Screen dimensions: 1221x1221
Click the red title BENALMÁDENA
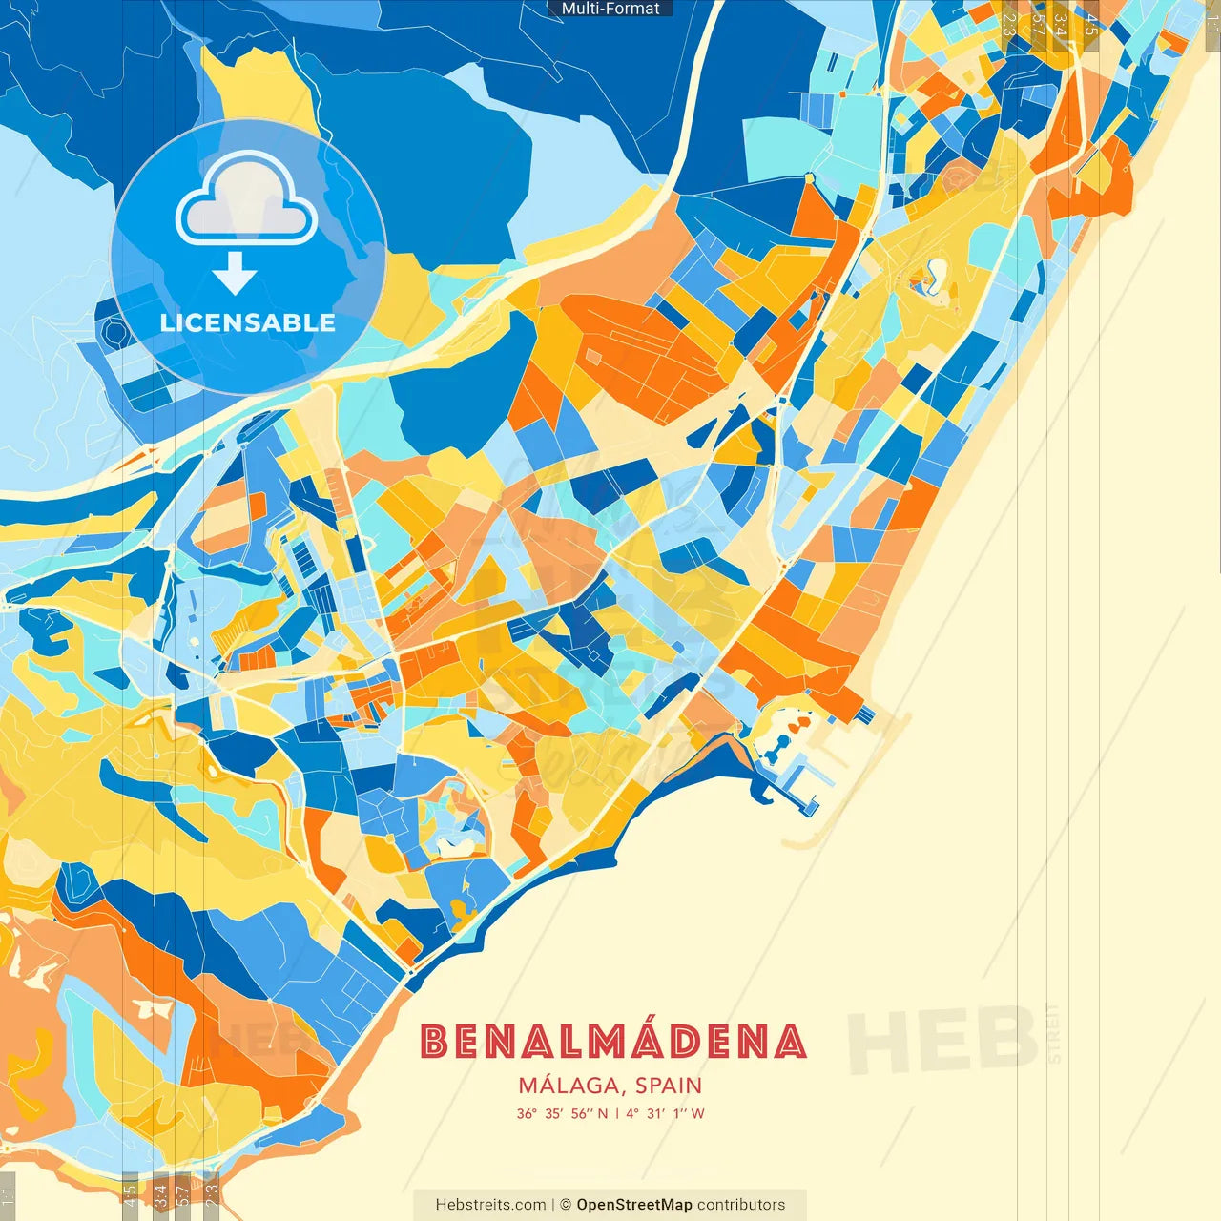click(x=613, y=1042)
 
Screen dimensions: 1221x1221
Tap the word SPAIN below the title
click(x=668, y=1086)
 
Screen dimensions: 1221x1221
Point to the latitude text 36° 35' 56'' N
click(x=562, y=1113)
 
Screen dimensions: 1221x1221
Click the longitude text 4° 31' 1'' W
click(x=665, y=1113)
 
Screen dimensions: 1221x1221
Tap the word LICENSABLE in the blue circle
click(x=248, y=322)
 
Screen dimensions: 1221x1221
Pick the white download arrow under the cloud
click(x=235, y=273)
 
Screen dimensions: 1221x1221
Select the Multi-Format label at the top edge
click(x=610, y=9)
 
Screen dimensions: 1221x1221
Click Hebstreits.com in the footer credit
click(x=490, y=1205)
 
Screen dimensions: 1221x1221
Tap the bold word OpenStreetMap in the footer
click(x=634, y=1205)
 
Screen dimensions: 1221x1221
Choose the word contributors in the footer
click(x=741, y=1205)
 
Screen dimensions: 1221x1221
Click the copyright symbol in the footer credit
click(x=565, y=1205)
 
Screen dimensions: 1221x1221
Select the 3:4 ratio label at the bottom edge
click(x=160, y=1192)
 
